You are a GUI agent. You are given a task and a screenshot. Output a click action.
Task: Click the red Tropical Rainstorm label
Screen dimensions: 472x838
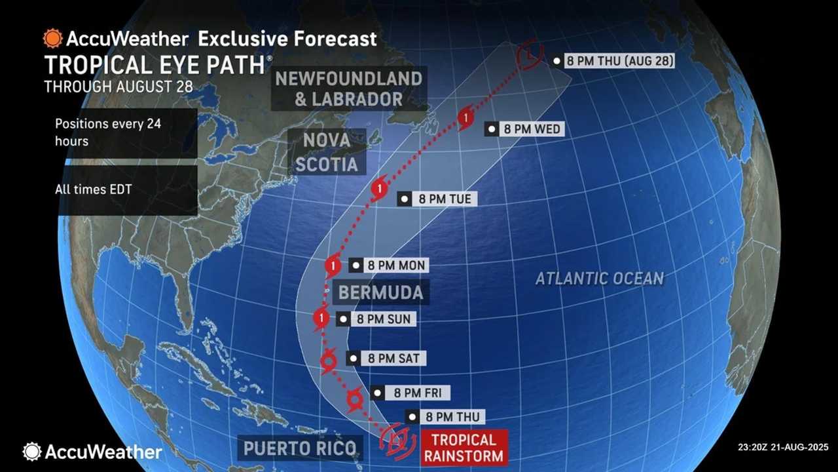pyautogui.click(x=464, y=447)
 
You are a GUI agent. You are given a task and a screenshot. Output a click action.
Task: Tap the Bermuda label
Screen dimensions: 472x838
pyautogui.click(x=380, y=292)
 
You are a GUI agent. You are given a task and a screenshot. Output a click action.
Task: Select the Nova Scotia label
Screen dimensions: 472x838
pyautogui.click(x=327, y=151)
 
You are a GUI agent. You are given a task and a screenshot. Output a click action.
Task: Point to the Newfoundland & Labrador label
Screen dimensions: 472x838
pyautogui.click(x=348, y=88)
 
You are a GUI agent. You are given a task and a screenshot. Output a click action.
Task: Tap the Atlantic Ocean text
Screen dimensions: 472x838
pyautogui.click(x=600, y=278)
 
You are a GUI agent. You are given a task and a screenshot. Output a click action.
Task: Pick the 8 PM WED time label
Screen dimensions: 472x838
pyautogui.click(x=524, y=129)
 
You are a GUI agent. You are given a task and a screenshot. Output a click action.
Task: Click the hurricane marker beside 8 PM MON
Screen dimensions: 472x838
pyautogui.click(x=333, y=265)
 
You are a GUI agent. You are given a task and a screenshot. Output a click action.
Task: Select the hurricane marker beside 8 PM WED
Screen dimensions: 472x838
pyautogui.click(x=465, y=118)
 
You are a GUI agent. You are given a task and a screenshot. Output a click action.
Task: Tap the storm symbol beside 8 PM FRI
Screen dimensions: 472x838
pyautogui.click(x=354, y=398)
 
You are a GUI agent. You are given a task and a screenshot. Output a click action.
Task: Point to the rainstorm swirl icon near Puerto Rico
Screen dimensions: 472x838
pyautogui.click(x=396, y=439)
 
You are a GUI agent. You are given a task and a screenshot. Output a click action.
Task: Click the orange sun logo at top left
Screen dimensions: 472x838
pyautogui.click(x=52, y=38)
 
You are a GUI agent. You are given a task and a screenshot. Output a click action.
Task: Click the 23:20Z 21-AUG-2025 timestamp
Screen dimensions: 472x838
pyautogui.click(x=782, y=447)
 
